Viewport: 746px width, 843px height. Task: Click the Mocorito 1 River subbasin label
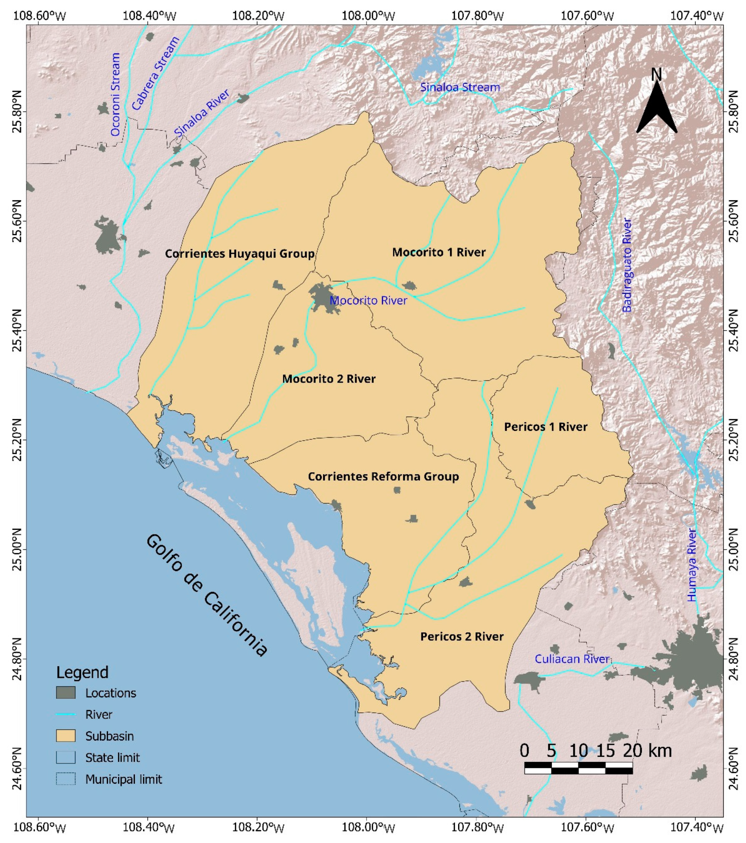coord(439,252)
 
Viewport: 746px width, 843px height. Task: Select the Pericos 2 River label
coord(462,636)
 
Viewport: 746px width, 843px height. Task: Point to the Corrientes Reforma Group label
coord(383,476)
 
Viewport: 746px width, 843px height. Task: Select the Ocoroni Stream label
coord(115,94)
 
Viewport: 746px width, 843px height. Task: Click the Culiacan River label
coord(572,659)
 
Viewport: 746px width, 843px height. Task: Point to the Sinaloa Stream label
coord(460,87)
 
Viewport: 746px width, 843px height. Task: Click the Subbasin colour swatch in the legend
coord(66,736)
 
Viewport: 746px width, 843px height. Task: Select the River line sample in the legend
coord(66,714)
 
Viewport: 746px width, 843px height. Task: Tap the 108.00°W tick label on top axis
coord(366,16)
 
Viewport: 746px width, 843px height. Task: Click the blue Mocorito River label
coord(369,300)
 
